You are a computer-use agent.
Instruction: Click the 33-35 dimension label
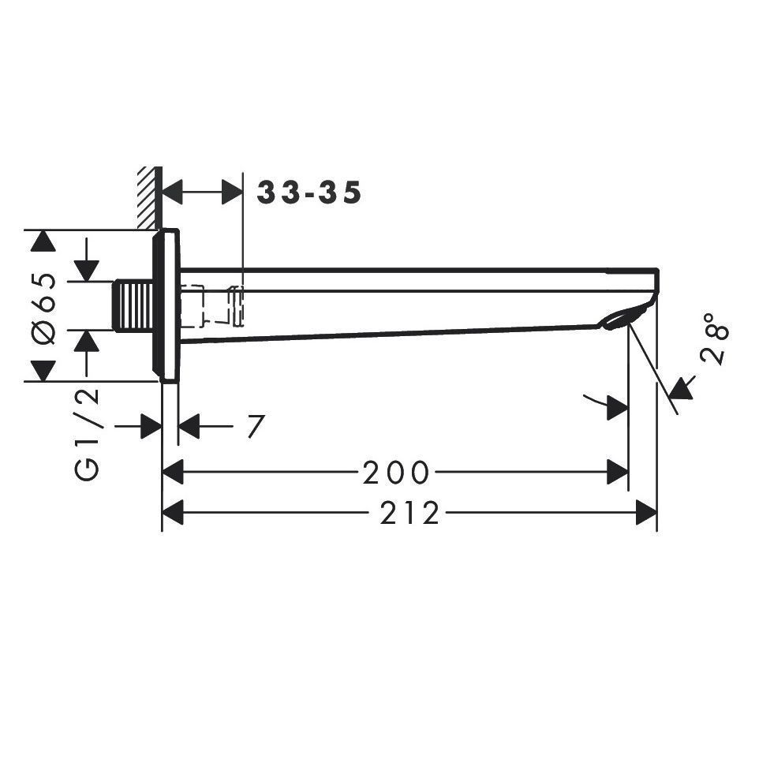click(308, 193)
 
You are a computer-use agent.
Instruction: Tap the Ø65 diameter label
click(43, 308)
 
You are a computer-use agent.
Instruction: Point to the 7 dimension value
click(256, 426)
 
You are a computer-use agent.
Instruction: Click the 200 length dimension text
click(396, 473)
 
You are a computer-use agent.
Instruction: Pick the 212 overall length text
click(409, 513)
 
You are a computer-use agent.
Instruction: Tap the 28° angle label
click(715, 338)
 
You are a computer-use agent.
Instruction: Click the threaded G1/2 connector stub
click(133, 306)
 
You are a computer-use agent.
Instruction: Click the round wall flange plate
click(166, 305)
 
